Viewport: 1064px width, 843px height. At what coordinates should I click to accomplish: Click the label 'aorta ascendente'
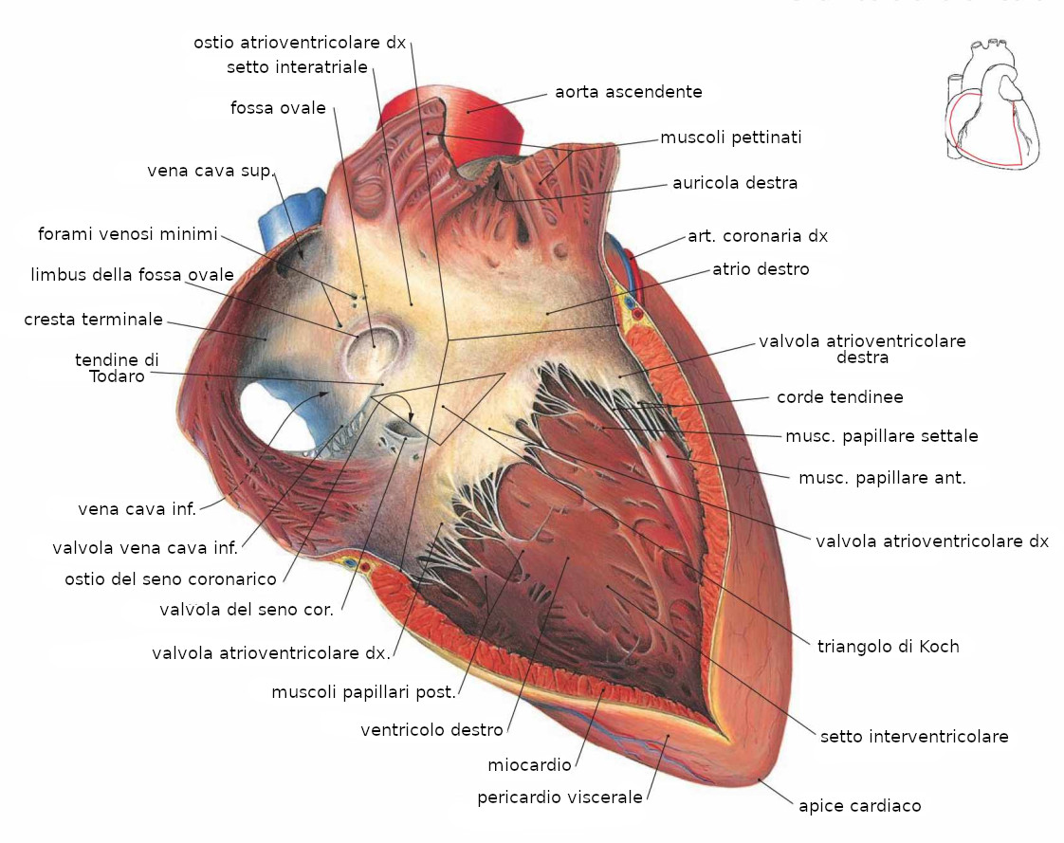coord(629,92)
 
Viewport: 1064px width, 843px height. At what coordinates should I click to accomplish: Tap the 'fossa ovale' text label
coord(278,108)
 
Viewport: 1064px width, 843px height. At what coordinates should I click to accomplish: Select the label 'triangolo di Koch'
coord(889,646)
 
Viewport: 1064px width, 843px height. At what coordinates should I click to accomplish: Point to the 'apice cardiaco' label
coord(860,806)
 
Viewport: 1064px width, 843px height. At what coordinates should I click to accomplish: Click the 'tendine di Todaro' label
coord(117,368)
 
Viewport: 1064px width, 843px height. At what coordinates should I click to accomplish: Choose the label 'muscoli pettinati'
coord(731,137)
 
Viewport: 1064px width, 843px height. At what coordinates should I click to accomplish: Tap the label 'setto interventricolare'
coord(914,737)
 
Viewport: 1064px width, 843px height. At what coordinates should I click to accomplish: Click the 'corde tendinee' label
coord(840,397)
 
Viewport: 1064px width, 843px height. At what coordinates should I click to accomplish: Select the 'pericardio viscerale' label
coord(560,797)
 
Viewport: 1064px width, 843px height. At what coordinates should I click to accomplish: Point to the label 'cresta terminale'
coord(94,320)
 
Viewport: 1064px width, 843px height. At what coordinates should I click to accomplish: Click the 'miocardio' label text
coord(529,765)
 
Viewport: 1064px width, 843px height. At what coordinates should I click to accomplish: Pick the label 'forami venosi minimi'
coord(128,234)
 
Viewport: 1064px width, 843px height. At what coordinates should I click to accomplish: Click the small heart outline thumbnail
coord(992,104)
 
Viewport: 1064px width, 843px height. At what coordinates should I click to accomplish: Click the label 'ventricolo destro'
coord(432,730)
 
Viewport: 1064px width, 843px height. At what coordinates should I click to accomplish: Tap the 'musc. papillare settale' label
coord(882,436)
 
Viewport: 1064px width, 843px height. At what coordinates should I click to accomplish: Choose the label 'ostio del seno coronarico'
coord(171,579)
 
